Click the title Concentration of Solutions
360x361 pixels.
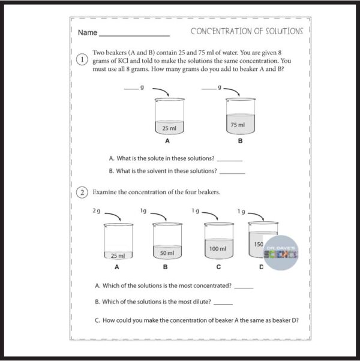pyautogui.click(x=247, y=31)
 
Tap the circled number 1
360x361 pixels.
pyautogui.click(x=84, y=61)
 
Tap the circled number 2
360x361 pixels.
pyautogui.click(x=84, y=192)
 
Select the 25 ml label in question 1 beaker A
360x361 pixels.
pyautogui.click(x=169, y=128)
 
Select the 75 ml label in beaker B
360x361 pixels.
pyautogui.click(x=238, y=125)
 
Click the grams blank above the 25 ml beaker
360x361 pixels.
pyautogui.click(x=131, y=89)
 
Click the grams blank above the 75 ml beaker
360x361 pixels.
pyautogui.click(x=209, y=89)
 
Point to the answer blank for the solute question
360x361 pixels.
pyautogui.click(x=229, y=160)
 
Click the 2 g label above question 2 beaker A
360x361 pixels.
pyautogui.click(x=97, y=211)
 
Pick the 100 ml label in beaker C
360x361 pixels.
pyautogui.click(x=218, y=248)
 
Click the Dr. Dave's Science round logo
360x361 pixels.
pyautogui.click(x=282, y=252)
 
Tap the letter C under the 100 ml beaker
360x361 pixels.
pyautogui.click(x=218, y=266)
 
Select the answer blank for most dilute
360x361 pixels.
pyautogui.click(x=223, y=303)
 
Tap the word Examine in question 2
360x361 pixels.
pyautogui.click(x=105, y=192)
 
